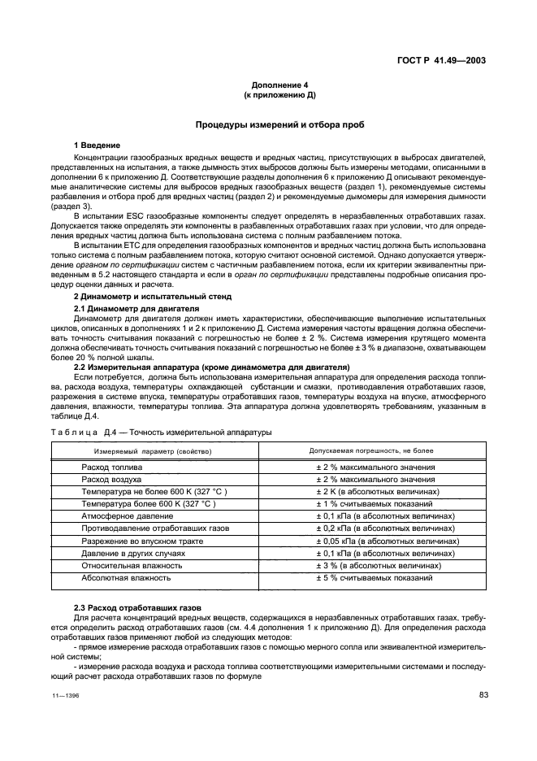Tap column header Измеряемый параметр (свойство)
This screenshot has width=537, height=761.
(152, 450)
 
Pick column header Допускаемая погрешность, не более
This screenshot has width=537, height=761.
(371, 450)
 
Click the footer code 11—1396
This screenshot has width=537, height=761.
(56, 697)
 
